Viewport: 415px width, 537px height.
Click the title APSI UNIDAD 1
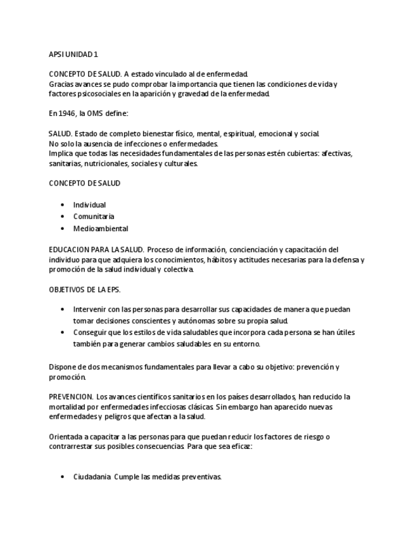coord(73,54)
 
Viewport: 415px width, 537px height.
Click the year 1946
coord(66,114)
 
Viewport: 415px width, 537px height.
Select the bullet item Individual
coord(89,205)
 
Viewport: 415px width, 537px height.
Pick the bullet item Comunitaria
coord(94,217)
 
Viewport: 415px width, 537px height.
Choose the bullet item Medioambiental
coord(100,229)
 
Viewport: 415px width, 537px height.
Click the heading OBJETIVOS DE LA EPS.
coord(84,289)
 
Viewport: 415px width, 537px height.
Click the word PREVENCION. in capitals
coord(71,397)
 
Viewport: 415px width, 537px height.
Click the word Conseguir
coord(90,332)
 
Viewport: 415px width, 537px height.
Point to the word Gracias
coord(60,84)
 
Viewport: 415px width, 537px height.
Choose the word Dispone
coord(62,367)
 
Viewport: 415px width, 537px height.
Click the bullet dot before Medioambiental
coord(62,229)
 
